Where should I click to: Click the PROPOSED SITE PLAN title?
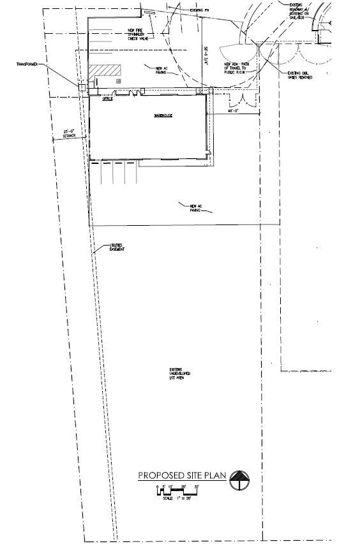click(x=182, y=476)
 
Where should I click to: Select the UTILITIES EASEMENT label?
click(x=116, y=247)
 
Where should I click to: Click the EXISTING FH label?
click(x=199, y=11)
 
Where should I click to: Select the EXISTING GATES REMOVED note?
click(x=299, y=77)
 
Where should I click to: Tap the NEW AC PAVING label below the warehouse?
click(x=195, y=207)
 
